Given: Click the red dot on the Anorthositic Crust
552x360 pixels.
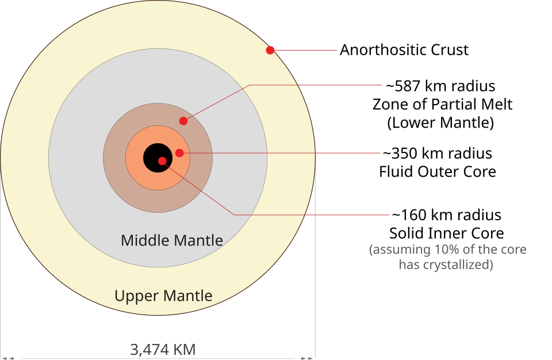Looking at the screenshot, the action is click(x=270, y=51).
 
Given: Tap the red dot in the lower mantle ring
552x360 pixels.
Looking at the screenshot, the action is click(x=183, y=121).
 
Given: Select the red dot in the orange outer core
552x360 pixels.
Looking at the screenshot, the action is click(x=179, y=153).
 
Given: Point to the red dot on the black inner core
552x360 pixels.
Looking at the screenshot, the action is click(x=162, y=161).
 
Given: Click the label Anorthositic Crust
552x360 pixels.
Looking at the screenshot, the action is click(x=404, y=50).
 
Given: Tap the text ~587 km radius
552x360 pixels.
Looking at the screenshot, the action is click(x=440, y=86).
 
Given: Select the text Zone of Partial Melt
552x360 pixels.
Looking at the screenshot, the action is click(x=442, y=104).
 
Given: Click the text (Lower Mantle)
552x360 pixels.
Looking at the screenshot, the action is click(x=440, y=122).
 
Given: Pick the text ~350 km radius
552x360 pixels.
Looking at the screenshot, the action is click(x=437, y=153).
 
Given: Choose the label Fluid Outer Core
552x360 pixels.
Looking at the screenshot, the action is click(x=437, y=171).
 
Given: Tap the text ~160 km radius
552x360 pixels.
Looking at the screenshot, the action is click(x=446, y=215).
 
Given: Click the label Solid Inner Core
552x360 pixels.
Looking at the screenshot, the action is click(x=446, y=233).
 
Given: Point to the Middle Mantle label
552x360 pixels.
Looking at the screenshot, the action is click(x=172, y=240).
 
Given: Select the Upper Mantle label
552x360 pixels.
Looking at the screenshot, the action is click(x=163, y=296).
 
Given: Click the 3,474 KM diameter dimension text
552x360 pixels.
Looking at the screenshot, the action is click(x=163, y=350).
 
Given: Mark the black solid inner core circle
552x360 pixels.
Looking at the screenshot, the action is click(x=158, y=158).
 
